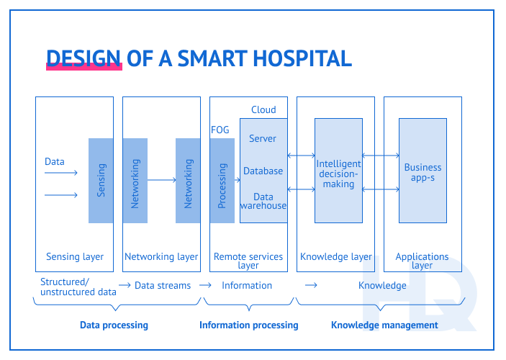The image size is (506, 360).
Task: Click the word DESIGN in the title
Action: pyautogui.click(x=83, y=58)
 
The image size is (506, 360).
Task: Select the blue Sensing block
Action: pyautogui.click(x=101, y=180)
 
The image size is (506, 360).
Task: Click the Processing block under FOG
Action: pyautogui.click(x=222, y=181)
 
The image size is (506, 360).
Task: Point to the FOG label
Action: pyautogui.click(x=220, y=130)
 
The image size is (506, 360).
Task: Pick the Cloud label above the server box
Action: pyautogui.click(x=263, y=109)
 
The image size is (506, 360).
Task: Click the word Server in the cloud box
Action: pyautogui.click(x=263, y=138)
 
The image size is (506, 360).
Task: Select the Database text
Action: pyautogui.click(x=263, y=171)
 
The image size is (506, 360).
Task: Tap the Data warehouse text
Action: pyautogui.click(x=263, y=201)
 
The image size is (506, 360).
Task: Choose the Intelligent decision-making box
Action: pyautogui.click(x=338, y=174)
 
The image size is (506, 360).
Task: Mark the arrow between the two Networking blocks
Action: pyautogui.click(x=161, y=180)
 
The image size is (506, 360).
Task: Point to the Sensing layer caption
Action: pyautogui.click(x=75, y=256)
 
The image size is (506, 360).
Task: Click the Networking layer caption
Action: pyautogui.click(x=161, y=256)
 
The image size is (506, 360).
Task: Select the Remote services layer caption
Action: pyautogui.click(x=248, y=261)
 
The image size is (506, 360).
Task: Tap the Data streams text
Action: pyautogui.click(x=163, y=285)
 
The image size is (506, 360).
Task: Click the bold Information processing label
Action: pyautogui.click(x=248, y=325)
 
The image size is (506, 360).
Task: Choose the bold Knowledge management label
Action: pyautogui.click(x=384, y=325)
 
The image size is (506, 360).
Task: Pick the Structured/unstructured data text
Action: pyautogui.click(x=78, y=287)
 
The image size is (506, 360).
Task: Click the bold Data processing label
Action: pyautogui.click(x=114, y=325)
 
